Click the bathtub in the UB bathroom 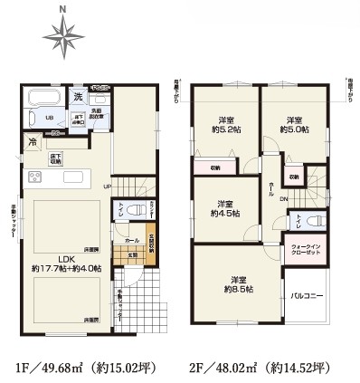click(x=40, y=99)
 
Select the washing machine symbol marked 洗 click(x=78, y=97)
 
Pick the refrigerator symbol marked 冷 click(x=33, y=142)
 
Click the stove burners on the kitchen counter click(x=36, y=176)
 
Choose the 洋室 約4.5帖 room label click(x=224, y=208)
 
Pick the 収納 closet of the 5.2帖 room click(x=215, y=168)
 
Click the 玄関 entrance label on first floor click(x=131, y=254)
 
